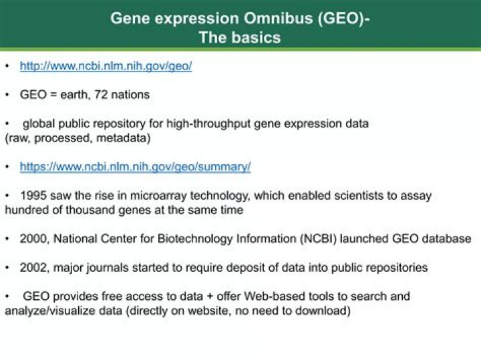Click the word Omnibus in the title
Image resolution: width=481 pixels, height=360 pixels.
[x=278, y=19]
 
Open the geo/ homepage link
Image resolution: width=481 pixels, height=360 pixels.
[x=106, y=66]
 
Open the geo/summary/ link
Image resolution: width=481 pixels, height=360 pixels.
[x=135, y=167]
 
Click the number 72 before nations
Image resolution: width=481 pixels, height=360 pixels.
[x=101, y=94]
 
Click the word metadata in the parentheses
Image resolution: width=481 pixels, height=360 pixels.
[x=124, y=138]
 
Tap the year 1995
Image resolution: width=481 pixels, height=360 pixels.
[x=33, y=195]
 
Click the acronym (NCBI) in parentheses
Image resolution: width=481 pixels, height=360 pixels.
[x=319, y=239]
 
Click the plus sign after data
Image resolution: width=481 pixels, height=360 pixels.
[x=210, y=297]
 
